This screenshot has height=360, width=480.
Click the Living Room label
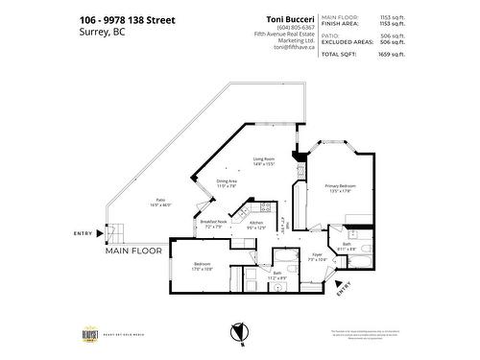coord(264,160)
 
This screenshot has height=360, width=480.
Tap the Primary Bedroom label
coord(329,187)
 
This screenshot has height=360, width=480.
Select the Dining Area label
coord(227,181)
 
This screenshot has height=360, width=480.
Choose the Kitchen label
coord(256,223)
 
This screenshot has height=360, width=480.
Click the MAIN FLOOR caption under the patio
coord(133,250)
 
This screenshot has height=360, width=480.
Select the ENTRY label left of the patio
coord(83,233)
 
